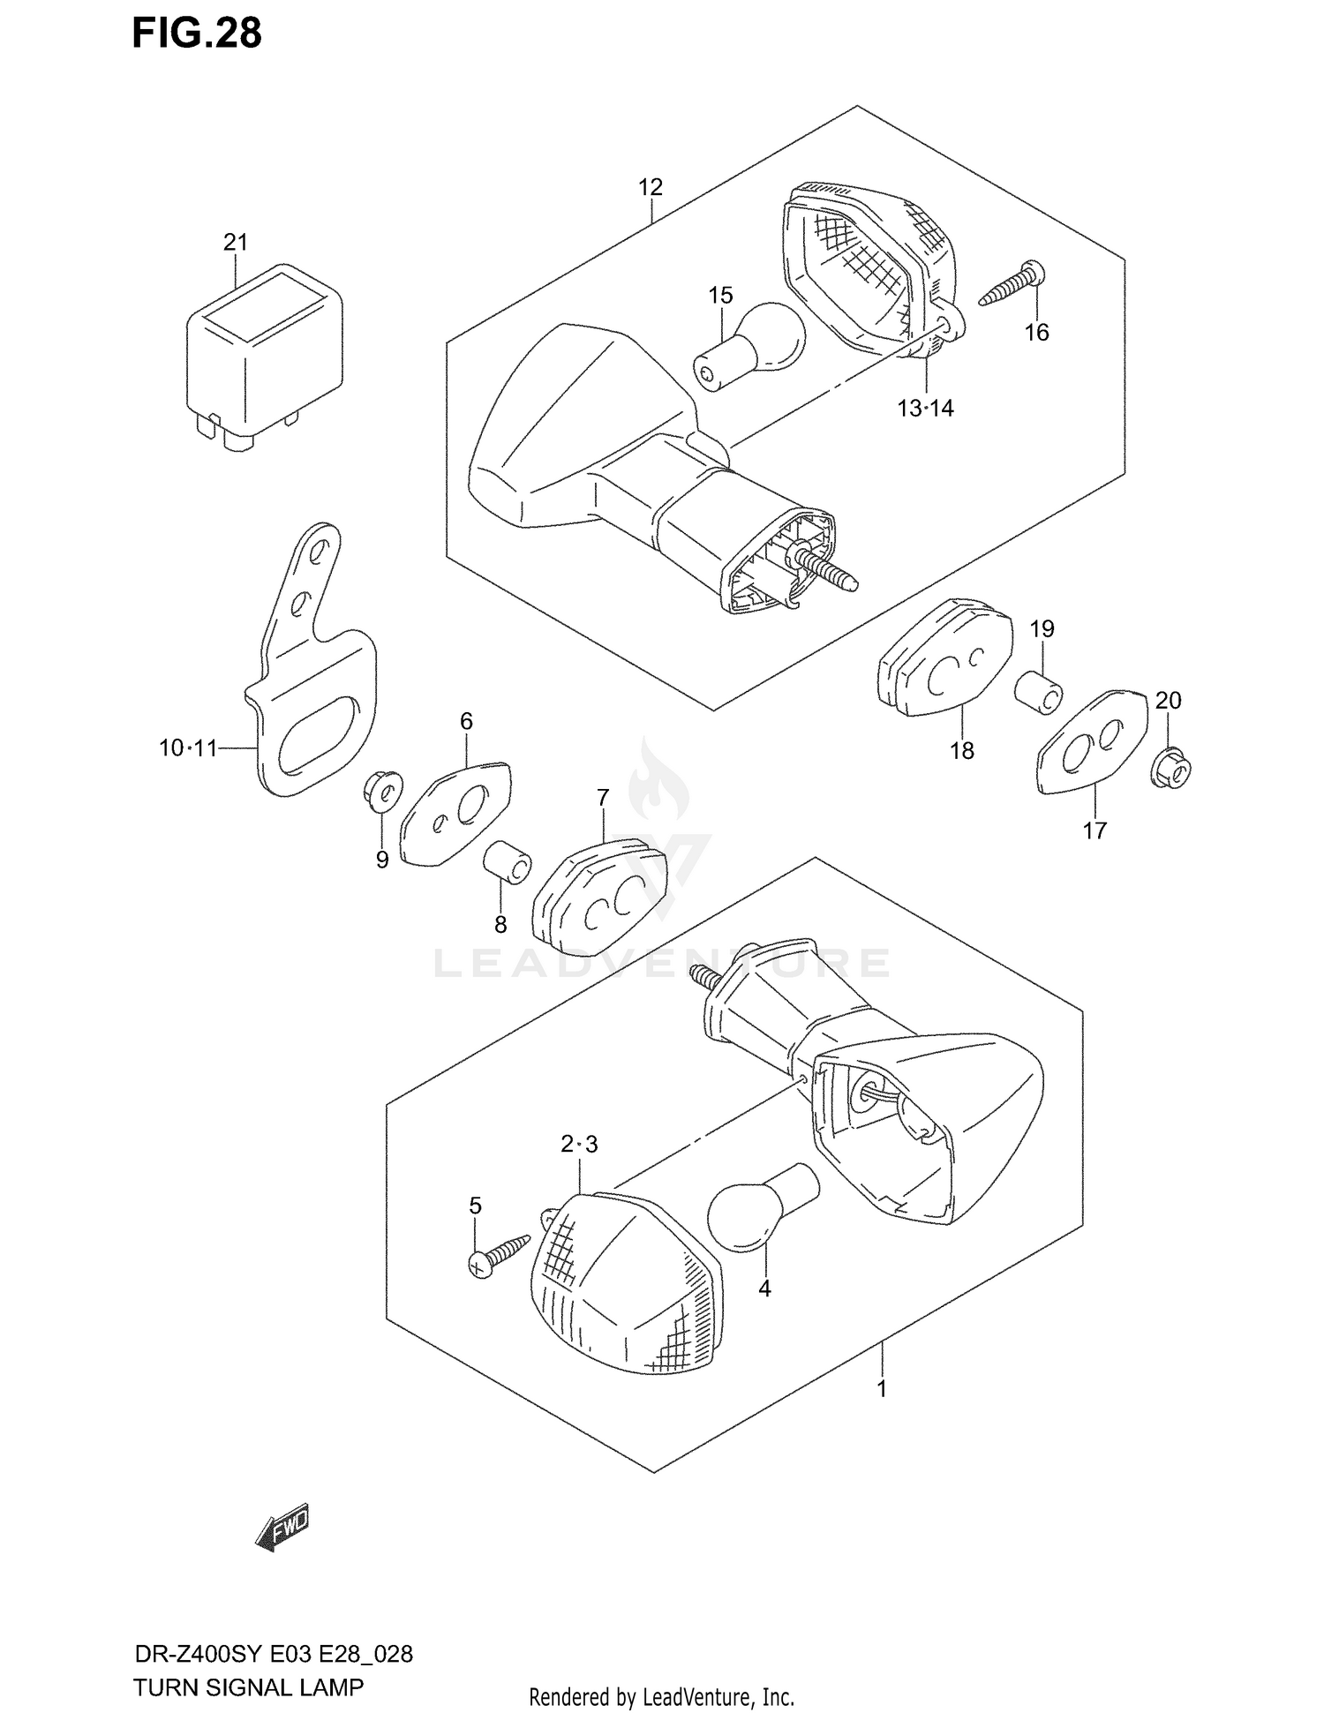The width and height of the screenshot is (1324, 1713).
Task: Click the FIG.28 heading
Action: (x=197, y=33)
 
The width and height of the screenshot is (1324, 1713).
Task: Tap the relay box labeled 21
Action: (x=264, y=353)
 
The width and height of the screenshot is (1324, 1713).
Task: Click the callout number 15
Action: (x=720, y=296)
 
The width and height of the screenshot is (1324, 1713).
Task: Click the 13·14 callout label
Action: (x=926, y=409)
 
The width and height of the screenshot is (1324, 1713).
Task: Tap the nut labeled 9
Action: (x=383, y=790)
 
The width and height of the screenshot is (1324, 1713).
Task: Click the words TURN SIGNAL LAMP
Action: (x=248, y=1687)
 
